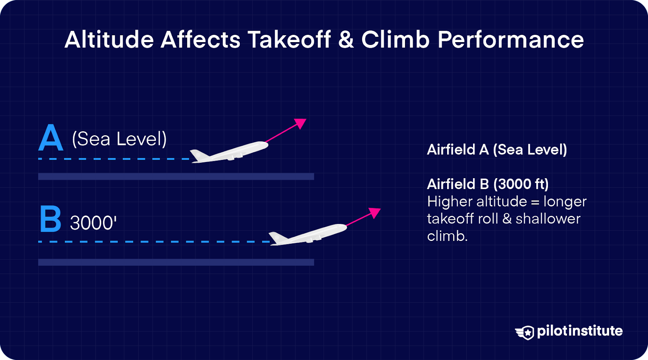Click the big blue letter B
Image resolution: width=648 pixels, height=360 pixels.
click(51, 219)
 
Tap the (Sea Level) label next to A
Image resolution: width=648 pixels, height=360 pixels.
click(119, 139)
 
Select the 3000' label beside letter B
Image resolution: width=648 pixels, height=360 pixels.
click(93, 223)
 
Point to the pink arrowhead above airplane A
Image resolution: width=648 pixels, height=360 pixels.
click(301, 123)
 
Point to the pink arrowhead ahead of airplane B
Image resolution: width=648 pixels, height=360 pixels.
click(375, 212)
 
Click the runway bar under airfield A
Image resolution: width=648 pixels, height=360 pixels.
click(176, 176)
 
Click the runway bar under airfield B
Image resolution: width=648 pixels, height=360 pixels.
click(176, 262)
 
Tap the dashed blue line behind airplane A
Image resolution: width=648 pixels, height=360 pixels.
click(113, 159)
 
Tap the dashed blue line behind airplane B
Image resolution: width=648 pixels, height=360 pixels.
click(154, 242)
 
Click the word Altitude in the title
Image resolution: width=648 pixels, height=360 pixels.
click(109, 40)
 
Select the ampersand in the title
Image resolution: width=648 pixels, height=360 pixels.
click(346, 40)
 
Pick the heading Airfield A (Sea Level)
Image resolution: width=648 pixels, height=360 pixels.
click(497, 149)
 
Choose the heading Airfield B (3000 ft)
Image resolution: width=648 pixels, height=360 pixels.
click(488, 184)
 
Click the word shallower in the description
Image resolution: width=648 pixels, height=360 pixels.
click(548, 219)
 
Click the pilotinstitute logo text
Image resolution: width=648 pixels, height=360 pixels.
click(580, 331)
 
